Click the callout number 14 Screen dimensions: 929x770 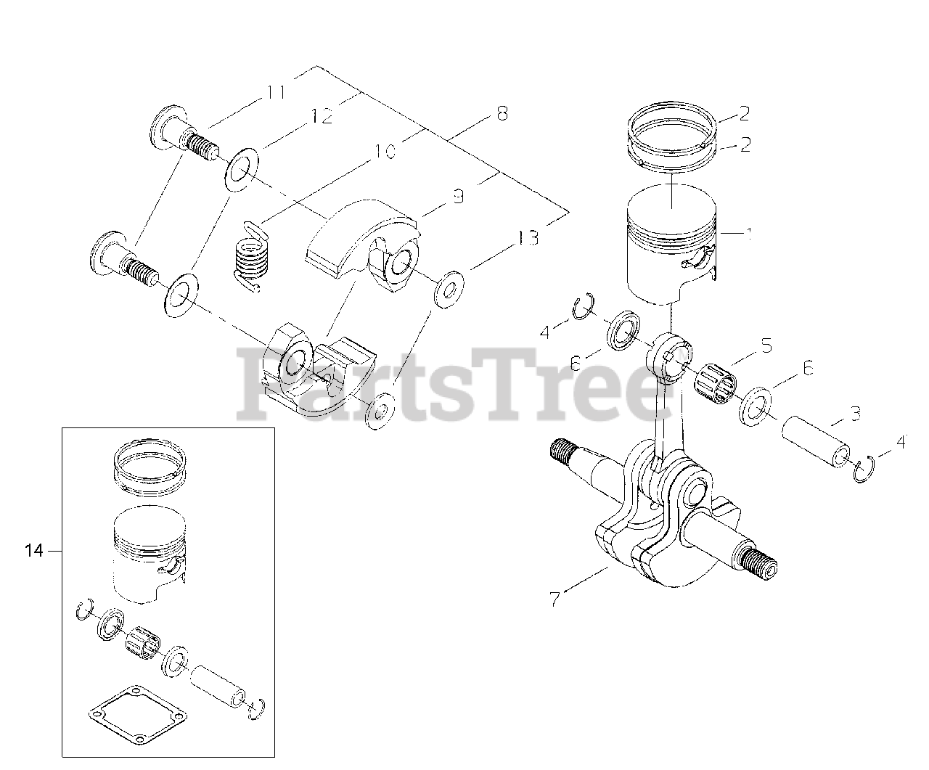tap(34, 551)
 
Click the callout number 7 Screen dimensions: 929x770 tap(554, 599)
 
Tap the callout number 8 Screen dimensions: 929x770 tap(502, 114)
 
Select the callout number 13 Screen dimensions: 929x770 tap(528, 239)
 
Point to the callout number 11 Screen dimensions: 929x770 tap(276, 92)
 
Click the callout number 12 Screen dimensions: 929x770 tap(322, 117)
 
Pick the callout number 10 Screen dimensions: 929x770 tap(385, 152)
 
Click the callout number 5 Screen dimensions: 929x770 tap(766, 345)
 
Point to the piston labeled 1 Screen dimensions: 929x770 tap(671, 245)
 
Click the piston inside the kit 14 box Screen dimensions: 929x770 tap(150, 554)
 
